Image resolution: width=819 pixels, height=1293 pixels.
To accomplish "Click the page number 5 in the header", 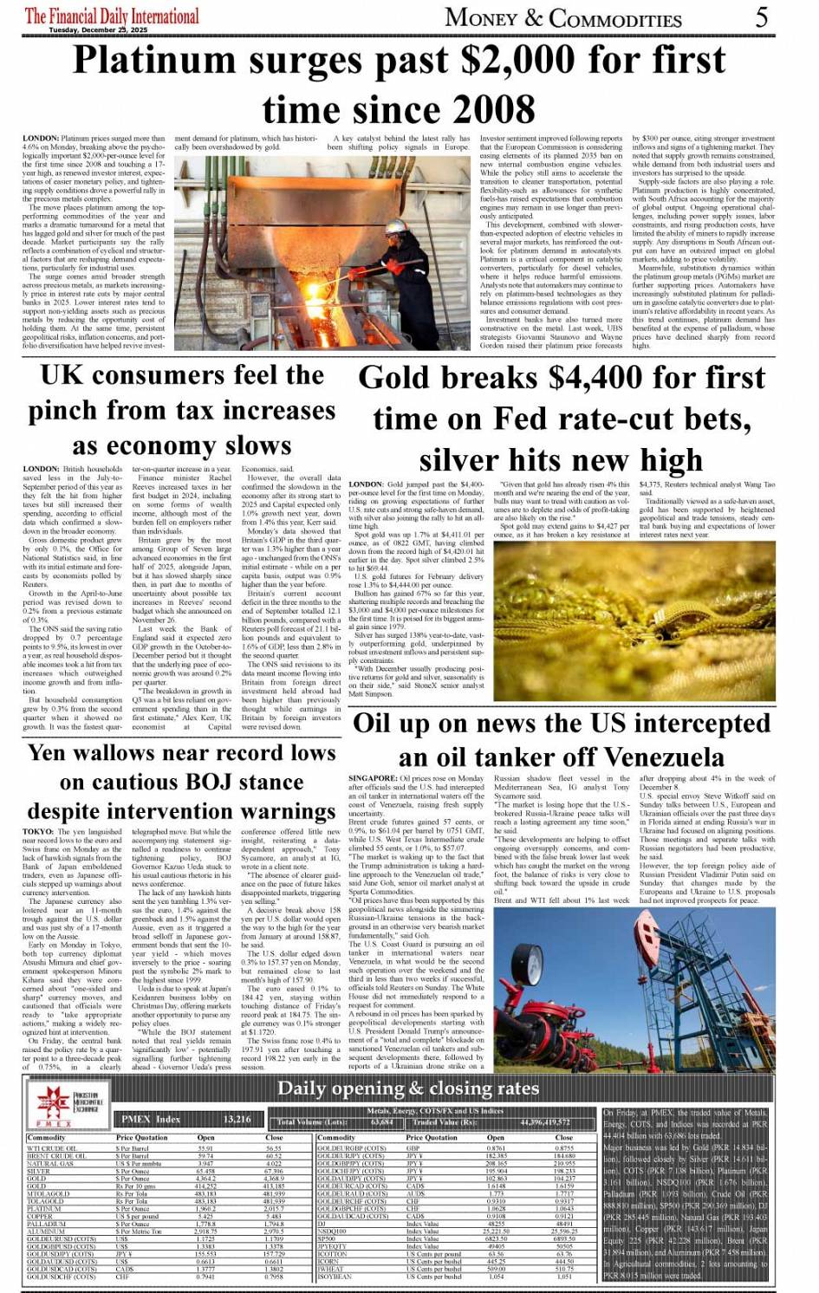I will point(761,16).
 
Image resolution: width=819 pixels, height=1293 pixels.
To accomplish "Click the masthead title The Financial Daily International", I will point(112,16).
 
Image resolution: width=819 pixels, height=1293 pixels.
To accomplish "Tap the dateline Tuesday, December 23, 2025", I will point(98,30).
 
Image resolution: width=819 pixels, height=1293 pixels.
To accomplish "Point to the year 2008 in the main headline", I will point(485,110).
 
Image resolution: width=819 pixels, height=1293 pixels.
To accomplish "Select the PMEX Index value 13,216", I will point(237,1119).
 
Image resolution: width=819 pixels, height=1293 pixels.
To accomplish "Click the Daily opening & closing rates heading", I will point(407,1088).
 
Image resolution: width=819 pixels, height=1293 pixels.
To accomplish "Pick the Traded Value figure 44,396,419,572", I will point(545,1122).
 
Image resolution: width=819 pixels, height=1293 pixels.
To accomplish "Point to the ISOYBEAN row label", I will point(335,1276).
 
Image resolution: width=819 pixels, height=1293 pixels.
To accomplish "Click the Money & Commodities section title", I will point(563,18).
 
